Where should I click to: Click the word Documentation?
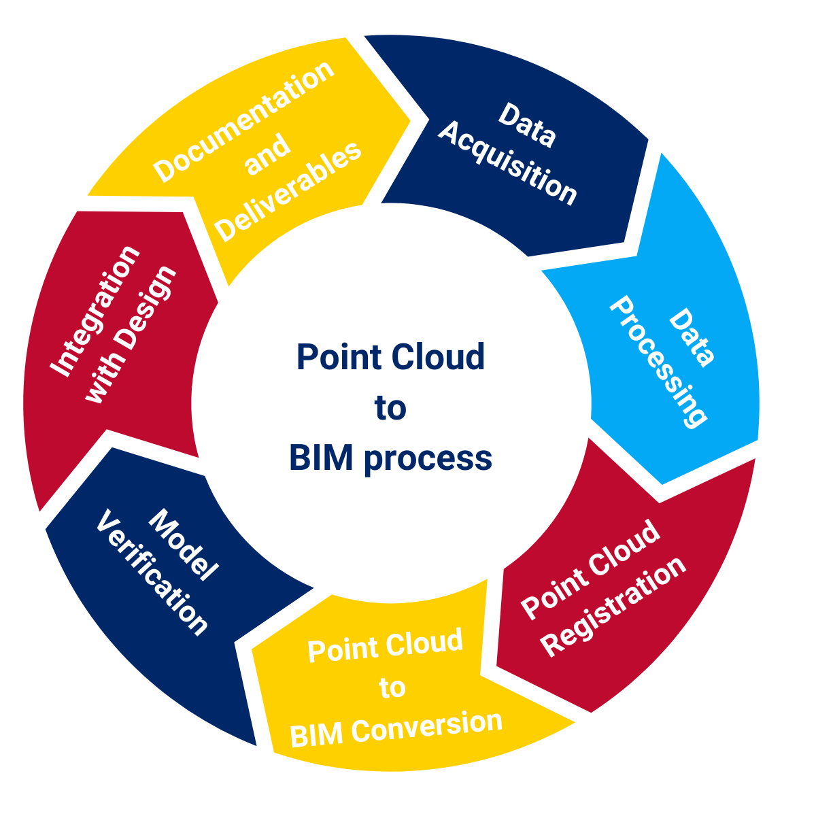(x=244, y=122)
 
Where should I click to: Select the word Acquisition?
(x=507, y=164)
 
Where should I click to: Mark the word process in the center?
(x=428, y=459)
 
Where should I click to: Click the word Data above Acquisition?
(x=527, y=125)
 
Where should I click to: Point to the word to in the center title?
(x=390, y=408)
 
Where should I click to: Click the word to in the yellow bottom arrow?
(x=392, y=688)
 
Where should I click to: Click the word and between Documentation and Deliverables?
(x=267, y=156)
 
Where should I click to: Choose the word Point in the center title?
(x=334, y=358)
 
